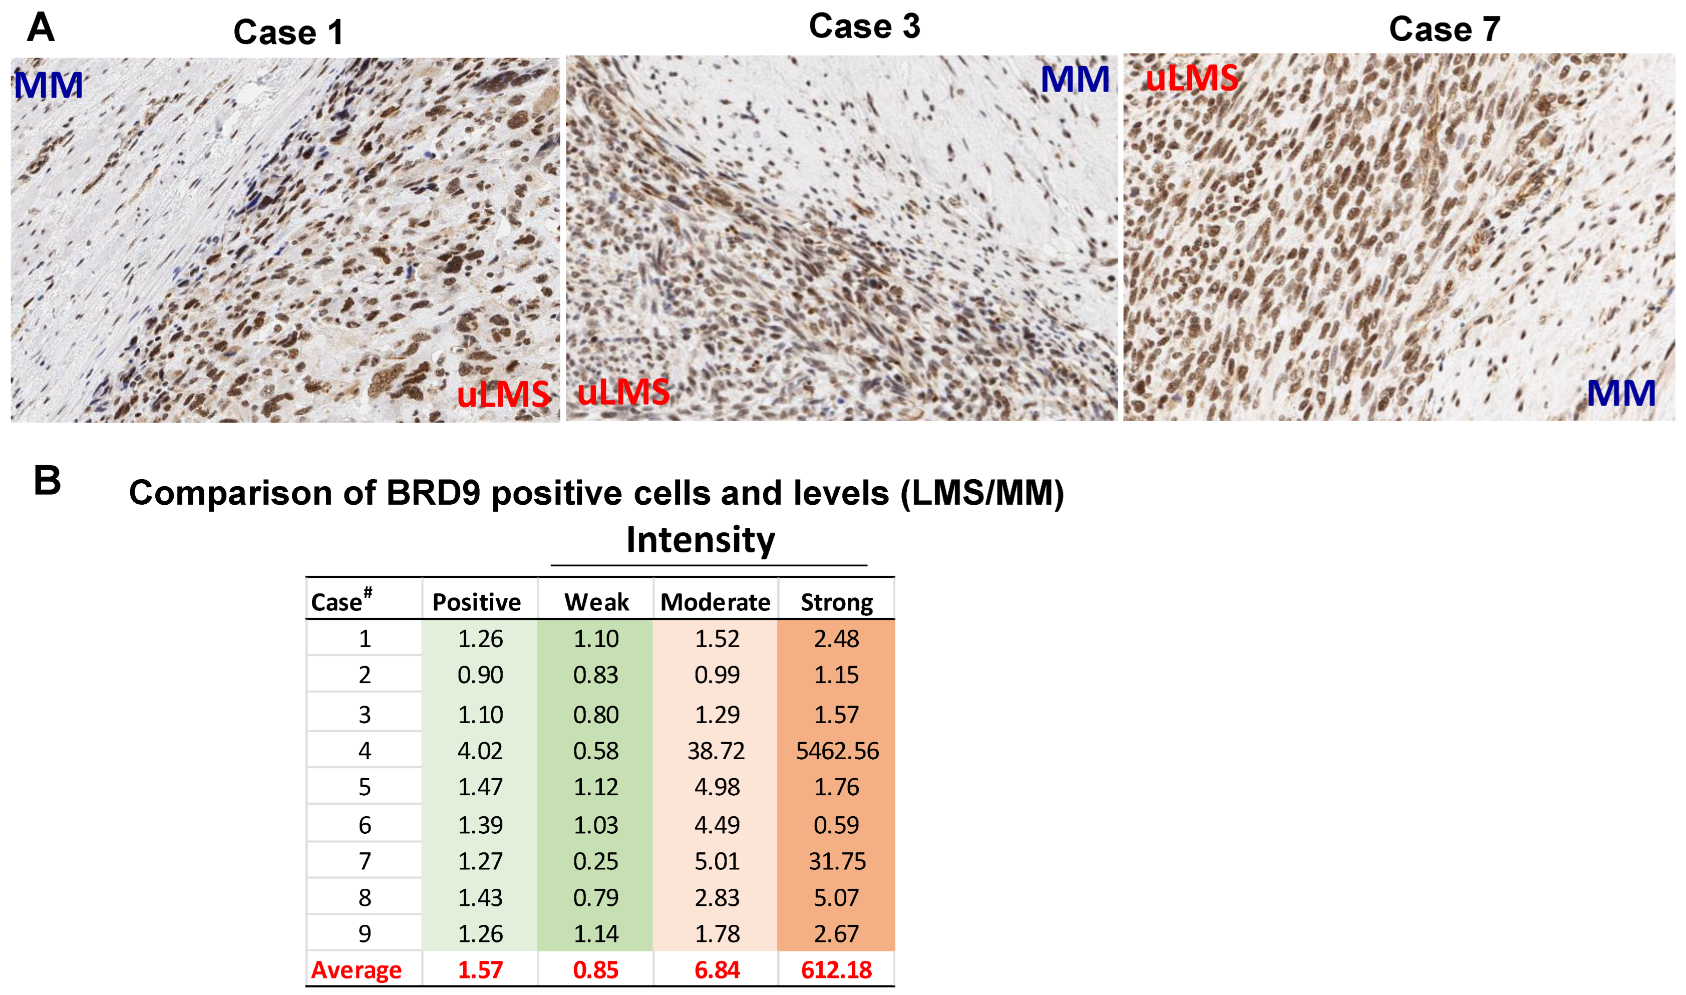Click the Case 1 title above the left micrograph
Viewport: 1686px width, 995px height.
288,32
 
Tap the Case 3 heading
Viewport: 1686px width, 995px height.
865,27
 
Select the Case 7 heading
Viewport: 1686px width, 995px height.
1445,30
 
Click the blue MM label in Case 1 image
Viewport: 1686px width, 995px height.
48,86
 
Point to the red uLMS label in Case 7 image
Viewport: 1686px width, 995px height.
1192,79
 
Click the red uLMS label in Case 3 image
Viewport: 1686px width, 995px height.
623,392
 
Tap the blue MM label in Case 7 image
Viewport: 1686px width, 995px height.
1621,394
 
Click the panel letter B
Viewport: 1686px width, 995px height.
47,481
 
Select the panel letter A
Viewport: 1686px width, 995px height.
40,28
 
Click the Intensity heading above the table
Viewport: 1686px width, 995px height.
701,540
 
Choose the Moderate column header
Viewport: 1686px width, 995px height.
715,602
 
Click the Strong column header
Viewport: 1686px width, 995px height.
837,602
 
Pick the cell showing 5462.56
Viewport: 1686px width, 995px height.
837,751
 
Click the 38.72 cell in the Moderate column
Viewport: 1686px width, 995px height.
716,751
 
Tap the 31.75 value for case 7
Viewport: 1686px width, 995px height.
837,862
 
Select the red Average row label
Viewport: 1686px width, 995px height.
356,970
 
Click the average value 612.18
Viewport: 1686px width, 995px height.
837,970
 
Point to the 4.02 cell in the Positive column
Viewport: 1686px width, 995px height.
480,751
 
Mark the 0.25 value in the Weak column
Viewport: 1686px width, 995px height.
596,862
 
